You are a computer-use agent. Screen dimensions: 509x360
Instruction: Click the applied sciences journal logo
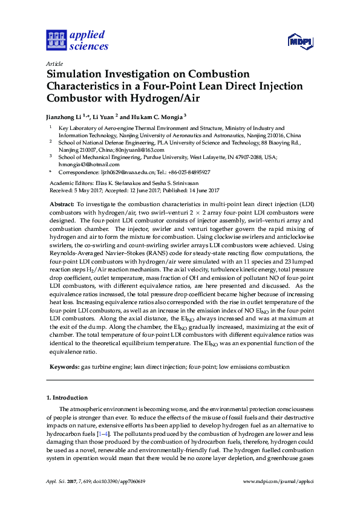(77, 40)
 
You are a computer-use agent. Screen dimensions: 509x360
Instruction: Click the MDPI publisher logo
(299, 41)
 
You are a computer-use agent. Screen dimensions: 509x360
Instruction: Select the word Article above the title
(53, 63)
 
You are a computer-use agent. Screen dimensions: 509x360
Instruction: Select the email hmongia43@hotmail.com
(89, 164)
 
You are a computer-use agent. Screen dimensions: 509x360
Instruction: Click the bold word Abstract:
(62, 206)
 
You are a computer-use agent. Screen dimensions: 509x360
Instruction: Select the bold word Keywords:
(64, 367)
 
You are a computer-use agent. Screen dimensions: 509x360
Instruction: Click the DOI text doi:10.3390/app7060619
(122, 498)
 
